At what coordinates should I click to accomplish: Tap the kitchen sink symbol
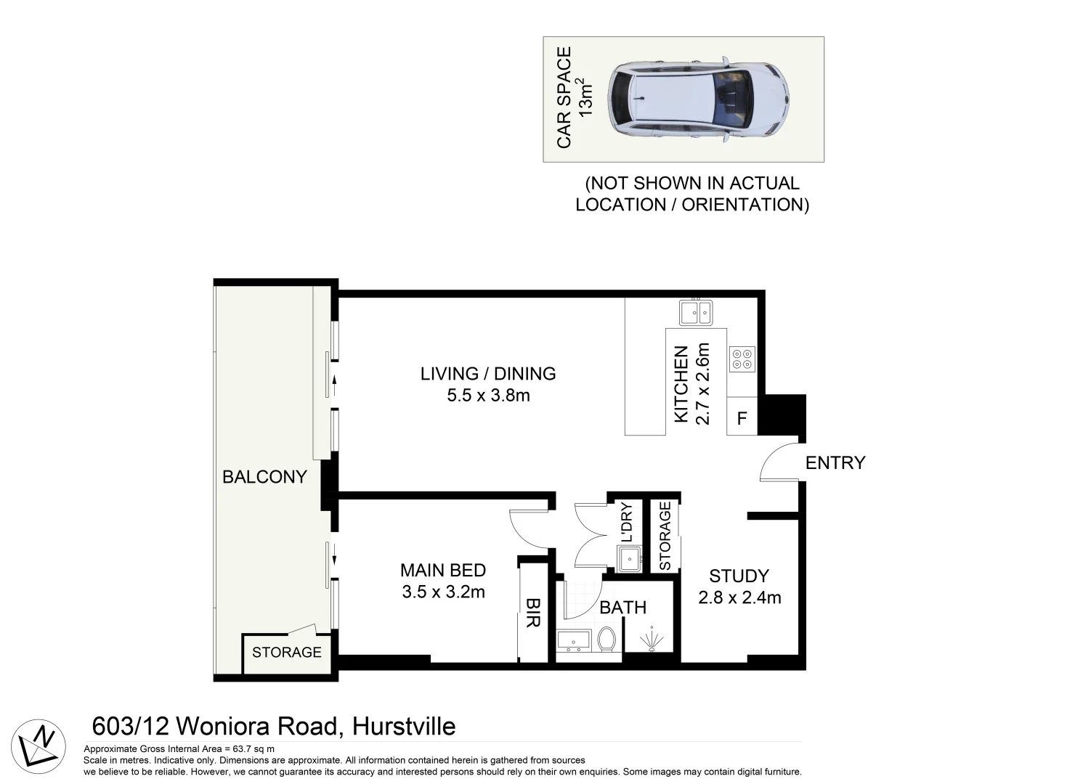coord(696,313)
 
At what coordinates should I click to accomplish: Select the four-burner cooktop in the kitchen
coord(742,359)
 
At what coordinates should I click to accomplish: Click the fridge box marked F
coord(742,418)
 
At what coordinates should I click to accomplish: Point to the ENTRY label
coord(835,462)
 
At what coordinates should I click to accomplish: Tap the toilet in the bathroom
coord(607,640)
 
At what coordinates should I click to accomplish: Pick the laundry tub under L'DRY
coord(628,558)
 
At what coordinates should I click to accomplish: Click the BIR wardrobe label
coord(532,612)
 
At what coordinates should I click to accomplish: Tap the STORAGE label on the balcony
coord(286,652)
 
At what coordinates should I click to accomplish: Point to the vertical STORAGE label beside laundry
coord(664,536)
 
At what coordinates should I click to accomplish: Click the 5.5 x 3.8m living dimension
coord(488,396)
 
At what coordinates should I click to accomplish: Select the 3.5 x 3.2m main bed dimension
coord(443,592)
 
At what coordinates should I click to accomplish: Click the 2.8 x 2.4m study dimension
coord(739,597)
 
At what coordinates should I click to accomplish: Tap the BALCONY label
coord(264,477)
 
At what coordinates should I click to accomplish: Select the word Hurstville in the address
coord(404,726)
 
